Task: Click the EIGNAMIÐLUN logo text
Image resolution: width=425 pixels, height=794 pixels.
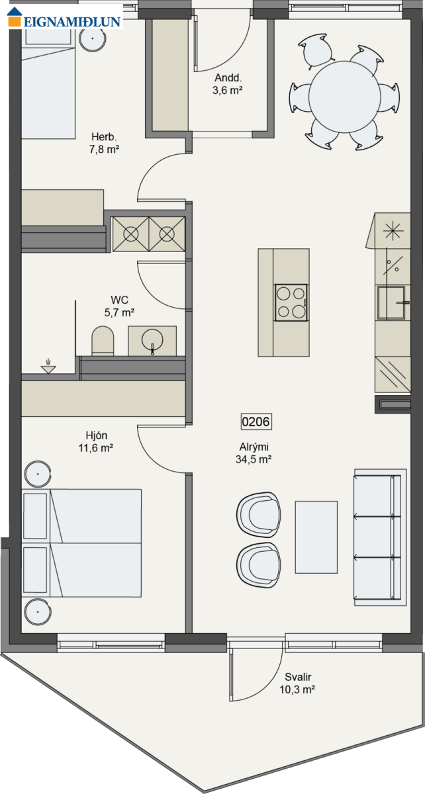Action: coord(72,21)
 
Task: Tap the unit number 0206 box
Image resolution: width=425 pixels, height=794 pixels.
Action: coord(256,421)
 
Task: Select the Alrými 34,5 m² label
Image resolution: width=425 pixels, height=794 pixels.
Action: coord(254,453)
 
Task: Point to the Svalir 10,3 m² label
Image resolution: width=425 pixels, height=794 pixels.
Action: coord(298,683)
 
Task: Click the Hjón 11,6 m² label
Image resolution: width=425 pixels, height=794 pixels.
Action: coord(96,442)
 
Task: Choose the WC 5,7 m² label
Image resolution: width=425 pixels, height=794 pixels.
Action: coord(119,306)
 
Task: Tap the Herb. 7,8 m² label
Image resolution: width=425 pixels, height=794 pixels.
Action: coord(104,143)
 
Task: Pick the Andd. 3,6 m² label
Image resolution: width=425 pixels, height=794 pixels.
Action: coord(228,84)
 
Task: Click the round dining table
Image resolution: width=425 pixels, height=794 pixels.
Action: coord(344,97)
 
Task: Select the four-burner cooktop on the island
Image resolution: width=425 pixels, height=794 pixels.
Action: coord(291,302)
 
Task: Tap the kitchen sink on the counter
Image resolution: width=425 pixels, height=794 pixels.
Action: coord(392,303)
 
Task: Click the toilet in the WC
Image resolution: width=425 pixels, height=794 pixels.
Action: coord(103,341)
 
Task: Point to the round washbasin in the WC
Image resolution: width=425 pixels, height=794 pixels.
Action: coord(152,340)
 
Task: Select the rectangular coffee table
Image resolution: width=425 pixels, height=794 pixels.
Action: coord(316,537)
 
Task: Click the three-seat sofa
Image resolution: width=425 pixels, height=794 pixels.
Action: coord(380,537)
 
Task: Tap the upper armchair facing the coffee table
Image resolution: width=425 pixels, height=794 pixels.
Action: coord(259,515)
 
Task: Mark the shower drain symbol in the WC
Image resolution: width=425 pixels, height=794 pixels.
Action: coord(48,367)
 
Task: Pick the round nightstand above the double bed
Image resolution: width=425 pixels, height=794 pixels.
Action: coord(38,474)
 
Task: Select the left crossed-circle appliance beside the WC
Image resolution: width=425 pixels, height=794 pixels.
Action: coord(131,234)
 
